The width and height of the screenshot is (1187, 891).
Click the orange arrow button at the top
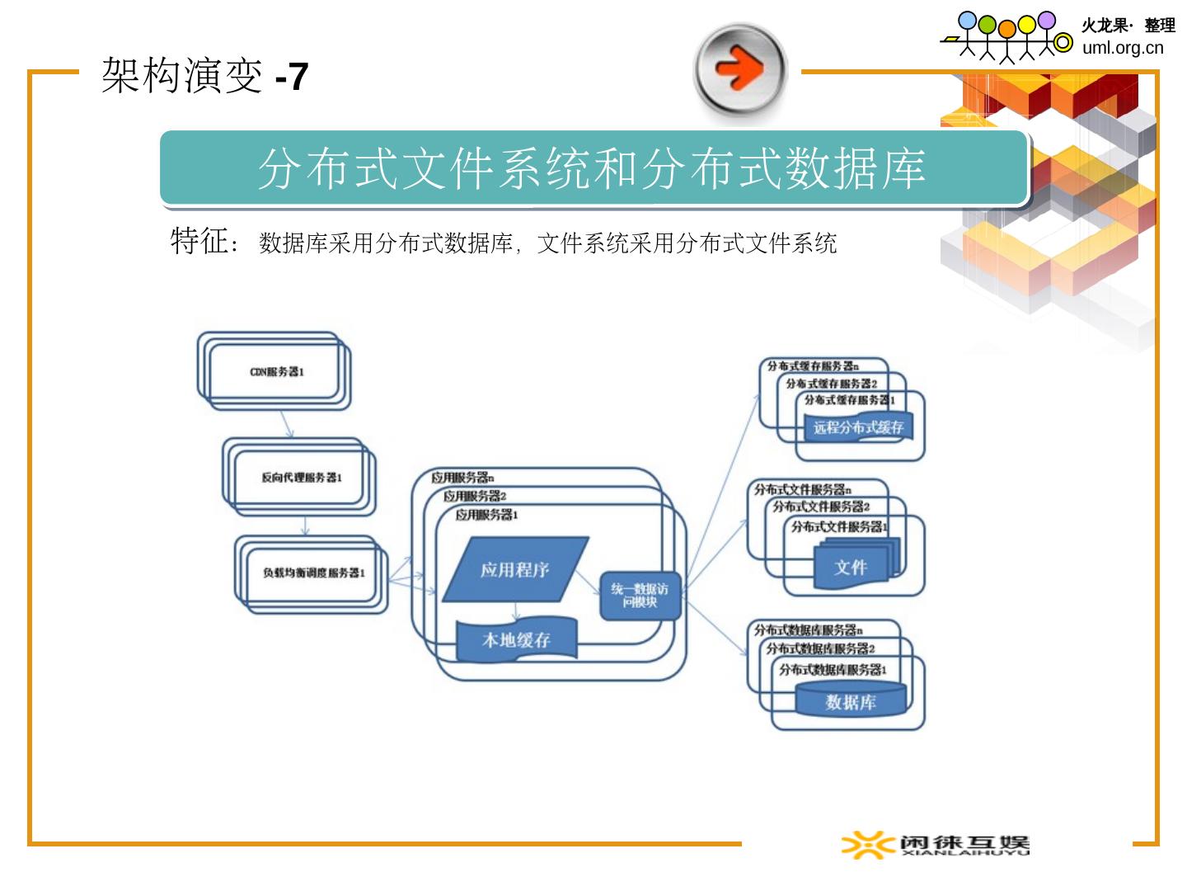[x=740, y=70]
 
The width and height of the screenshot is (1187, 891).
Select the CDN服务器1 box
[x=277, y=372]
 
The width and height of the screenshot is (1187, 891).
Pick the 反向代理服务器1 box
[x=301, y=478]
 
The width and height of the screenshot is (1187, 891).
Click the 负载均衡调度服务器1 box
[x=313, y=573]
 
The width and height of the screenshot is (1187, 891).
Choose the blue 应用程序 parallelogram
[x=515, y=569]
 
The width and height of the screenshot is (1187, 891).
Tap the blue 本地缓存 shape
[x=516, y=640]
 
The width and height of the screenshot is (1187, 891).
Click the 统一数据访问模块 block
[x=640, y=595]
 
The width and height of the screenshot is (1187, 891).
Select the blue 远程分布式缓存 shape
[x=858, y=427]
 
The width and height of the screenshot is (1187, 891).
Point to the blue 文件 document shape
[x=851, y=567]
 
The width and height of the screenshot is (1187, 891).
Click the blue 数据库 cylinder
[x=851, y=702]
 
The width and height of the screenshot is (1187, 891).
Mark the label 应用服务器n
[x=462, y=478]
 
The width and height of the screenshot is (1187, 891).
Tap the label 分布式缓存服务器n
[x=813, y=365]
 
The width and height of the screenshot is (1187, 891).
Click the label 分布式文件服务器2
[x=821, y=507]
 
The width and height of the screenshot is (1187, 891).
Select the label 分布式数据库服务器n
[x=809, y=630]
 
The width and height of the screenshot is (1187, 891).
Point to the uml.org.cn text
[x=1123, y=47]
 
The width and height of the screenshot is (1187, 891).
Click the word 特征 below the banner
[x=199, y=241]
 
